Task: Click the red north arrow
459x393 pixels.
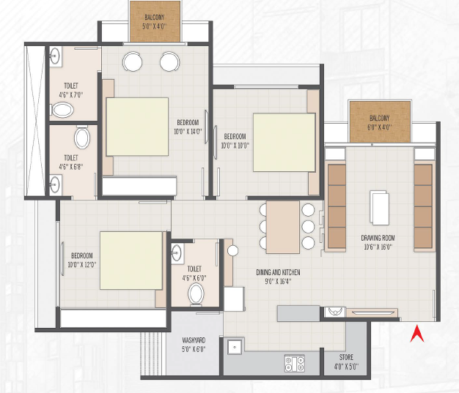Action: [417, 334]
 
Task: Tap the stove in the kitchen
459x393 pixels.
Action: [295, 364]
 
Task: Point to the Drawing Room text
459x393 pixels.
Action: [378, 238]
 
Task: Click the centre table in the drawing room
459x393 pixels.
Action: [379, 207]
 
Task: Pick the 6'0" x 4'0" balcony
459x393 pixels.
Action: [380, 122]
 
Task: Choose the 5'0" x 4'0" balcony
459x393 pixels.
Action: [155, 21]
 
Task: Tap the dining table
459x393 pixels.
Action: [283, 227]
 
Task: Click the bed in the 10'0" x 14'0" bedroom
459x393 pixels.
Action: [137, 127]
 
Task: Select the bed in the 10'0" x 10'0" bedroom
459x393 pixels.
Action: [284, 142]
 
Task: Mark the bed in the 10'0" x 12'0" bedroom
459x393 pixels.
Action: [131, 261]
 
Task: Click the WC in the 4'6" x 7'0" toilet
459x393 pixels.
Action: [62, 110]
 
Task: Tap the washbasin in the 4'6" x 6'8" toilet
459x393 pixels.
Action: [55, 184]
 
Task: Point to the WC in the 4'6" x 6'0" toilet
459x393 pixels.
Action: [196, 294]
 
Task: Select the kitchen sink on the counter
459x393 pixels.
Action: [235, 347]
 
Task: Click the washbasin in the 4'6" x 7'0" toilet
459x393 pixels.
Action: [55, 56]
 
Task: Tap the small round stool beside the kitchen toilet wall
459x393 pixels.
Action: [232, 250]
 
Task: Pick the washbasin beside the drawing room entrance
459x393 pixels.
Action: [335, 312]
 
